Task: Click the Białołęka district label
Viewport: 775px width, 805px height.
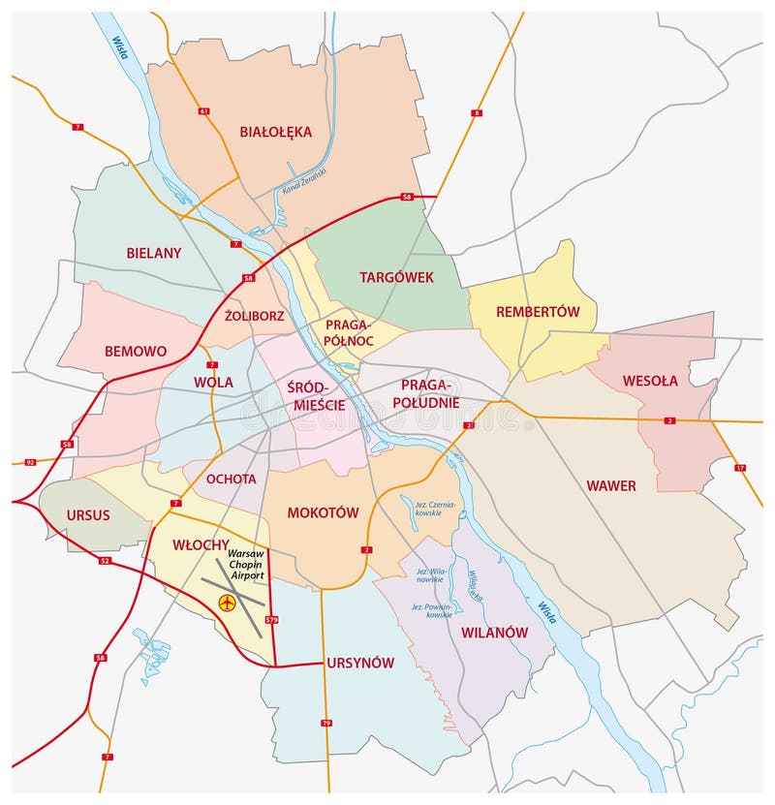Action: click(x=276, y=132)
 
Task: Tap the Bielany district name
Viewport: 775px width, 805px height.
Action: click(x=153, y=253)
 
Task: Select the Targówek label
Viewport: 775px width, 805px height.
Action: click(x=396, y=277)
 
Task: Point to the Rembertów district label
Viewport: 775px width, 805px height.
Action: click(x=538, y=312)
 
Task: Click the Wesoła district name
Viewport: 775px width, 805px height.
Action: click(x=650, y=381)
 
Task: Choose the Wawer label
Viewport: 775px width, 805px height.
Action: click(x=611, y=485)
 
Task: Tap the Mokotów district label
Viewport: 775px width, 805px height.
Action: click(x=323, y=512)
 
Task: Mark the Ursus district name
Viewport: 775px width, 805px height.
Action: click(x=88, y=514)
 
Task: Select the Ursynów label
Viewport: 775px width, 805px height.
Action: click(x=360, y=663)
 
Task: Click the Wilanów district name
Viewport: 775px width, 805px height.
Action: click(x=494, y=632)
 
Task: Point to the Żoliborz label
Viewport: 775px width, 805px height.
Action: click(x=253, y=315)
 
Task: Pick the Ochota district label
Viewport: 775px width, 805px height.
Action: click(x=231, y=479)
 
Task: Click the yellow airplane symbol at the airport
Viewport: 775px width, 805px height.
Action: click(x=227, y=604)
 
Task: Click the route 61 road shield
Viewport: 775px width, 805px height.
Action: click(x=203, y=112)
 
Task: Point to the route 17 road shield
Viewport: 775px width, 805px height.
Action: click(x=740, y=468)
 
